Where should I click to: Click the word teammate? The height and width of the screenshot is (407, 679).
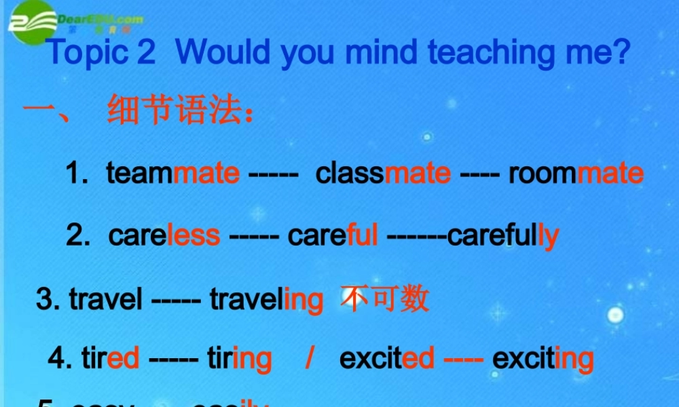[173, 174]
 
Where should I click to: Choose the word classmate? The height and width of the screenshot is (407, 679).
[383, 174]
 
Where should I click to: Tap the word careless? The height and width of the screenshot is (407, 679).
[164, 235]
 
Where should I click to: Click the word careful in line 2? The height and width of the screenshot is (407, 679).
[333, 235]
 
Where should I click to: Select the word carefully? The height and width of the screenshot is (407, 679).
[503, 235]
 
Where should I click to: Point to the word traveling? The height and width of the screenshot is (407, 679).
[266, 299]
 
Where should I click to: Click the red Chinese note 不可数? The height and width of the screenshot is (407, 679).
[386, 298]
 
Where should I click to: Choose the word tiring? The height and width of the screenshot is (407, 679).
[239, 358]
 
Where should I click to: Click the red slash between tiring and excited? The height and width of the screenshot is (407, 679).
[309, 358]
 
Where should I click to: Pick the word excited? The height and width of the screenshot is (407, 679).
[386, 358]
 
